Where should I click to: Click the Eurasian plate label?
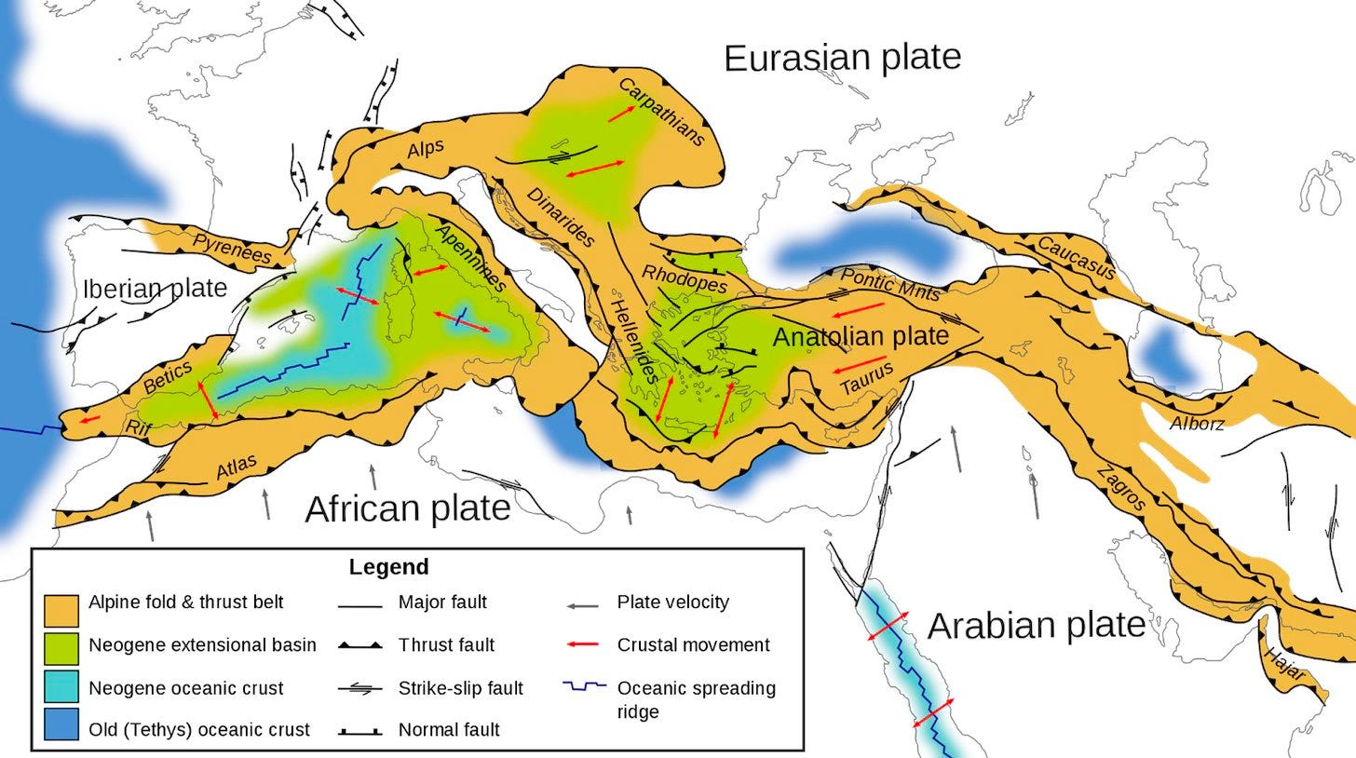[x=842, y=58]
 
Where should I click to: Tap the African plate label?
[x=407, y=508]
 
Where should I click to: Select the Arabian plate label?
[x=1036, y=625]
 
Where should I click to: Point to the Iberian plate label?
[x=155, y=288]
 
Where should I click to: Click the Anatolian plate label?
[x=861, y=336]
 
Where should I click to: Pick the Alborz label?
[x=1197, y=424]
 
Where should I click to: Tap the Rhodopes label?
[x=685, y=278]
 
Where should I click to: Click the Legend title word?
[x=388, y=567]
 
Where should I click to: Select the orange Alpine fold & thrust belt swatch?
[x=61, y=609]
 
